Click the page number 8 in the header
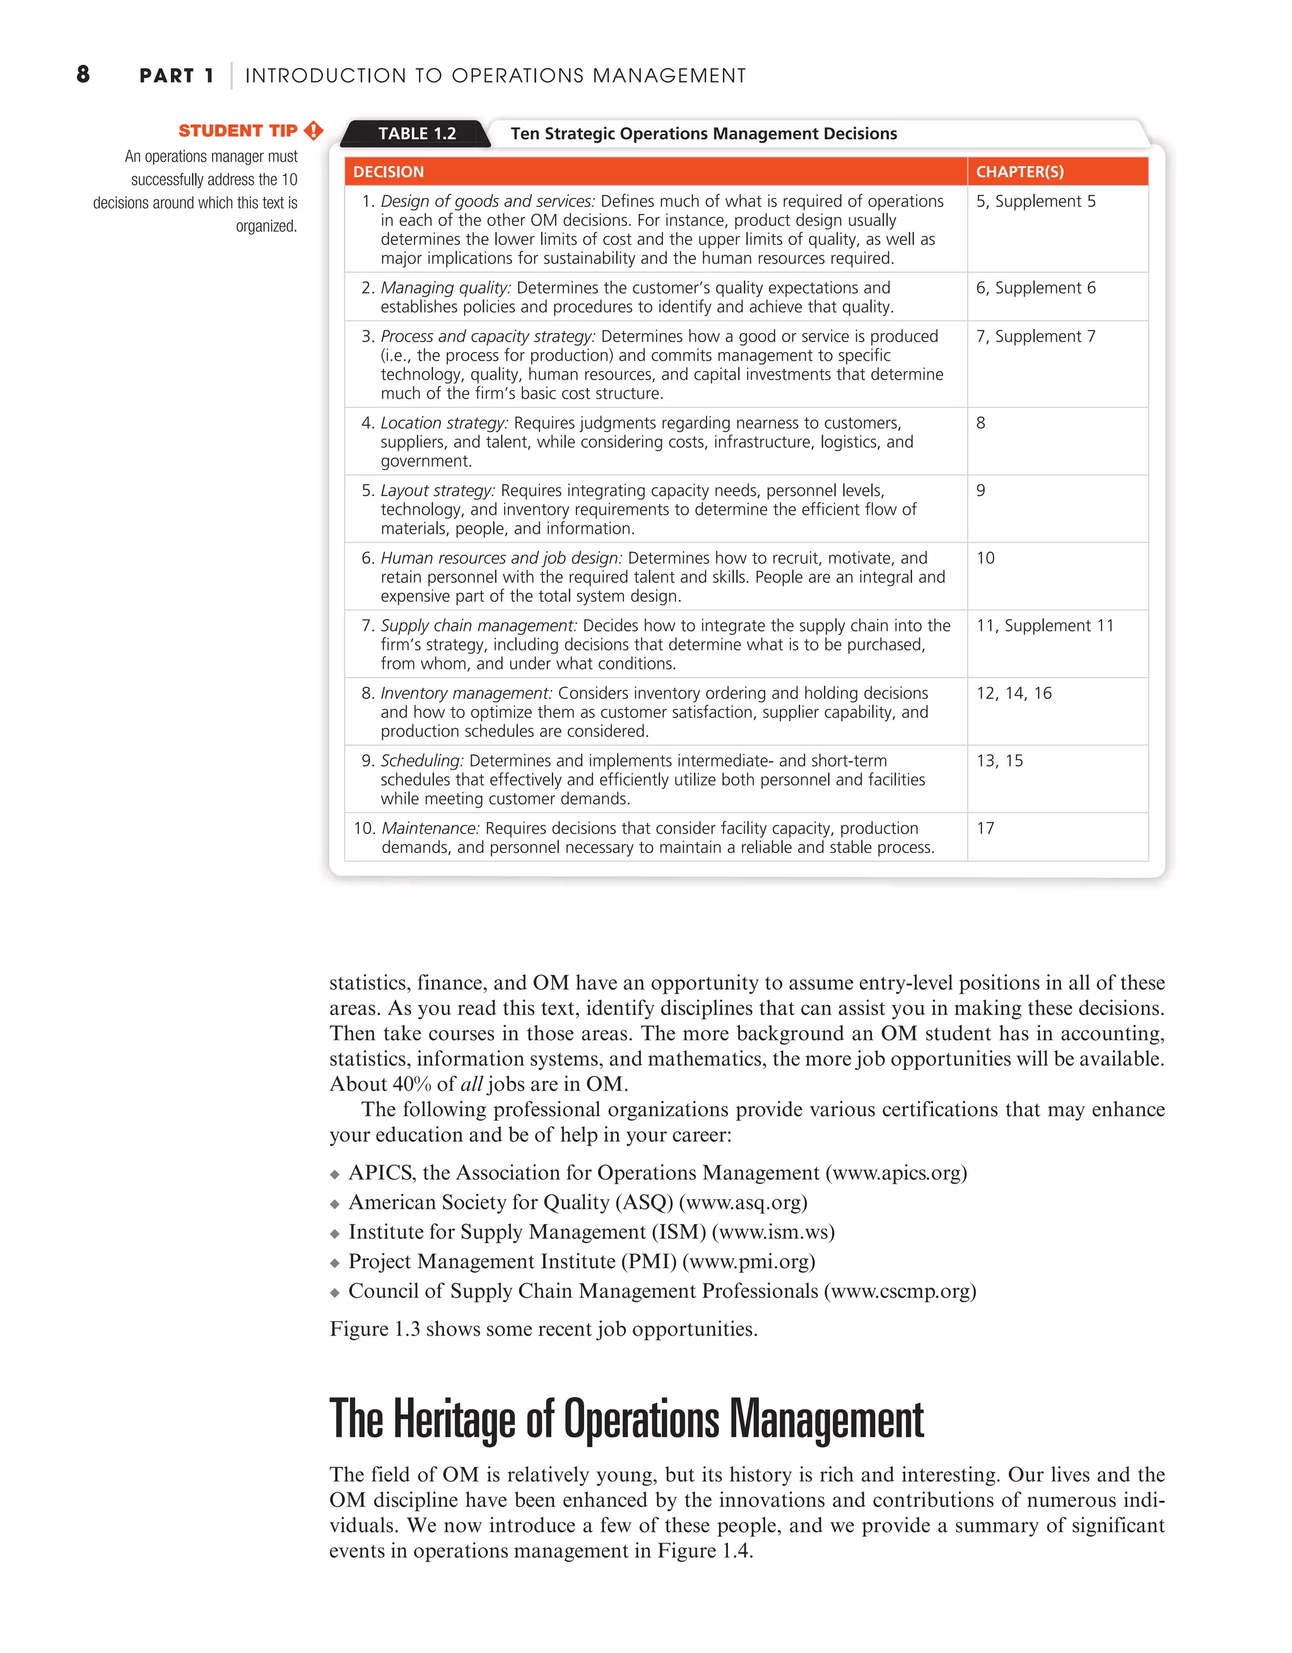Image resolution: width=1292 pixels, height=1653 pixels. [83, 74]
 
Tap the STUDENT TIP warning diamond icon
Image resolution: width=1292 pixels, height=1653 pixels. [314, 131]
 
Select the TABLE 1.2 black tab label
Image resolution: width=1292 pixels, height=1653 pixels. [416, 134]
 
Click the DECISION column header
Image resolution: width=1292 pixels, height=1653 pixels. [388, 172]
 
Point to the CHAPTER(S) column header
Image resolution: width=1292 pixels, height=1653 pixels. [1019, 172]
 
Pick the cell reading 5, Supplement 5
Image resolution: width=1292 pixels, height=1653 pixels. [1035, 201]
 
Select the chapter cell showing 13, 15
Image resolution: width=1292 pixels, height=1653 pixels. [999, 761]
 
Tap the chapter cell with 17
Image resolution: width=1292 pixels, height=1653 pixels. [985, 828]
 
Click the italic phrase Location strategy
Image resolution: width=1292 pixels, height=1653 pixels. [444, 423]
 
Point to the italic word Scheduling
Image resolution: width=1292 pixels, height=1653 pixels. [421, 761]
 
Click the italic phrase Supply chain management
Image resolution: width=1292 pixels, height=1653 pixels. [478, 626]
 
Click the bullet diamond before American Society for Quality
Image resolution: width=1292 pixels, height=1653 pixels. [334, 1204]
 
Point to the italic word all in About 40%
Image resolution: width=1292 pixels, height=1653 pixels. [471, 1085]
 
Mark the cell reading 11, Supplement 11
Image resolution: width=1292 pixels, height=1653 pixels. [1045, 626]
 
